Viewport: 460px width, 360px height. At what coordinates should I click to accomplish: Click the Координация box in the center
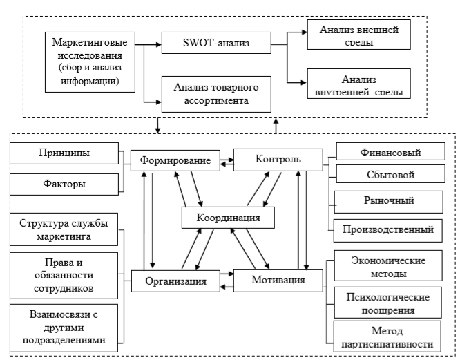point(227,218)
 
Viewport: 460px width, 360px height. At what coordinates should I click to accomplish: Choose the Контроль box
point(277,160)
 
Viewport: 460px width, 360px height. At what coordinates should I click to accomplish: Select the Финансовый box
point(386,150)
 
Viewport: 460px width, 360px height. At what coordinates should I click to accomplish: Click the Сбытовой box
point(386,175)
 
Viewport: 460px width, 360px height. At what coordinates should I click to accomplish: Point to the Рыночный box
point(386,201)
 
